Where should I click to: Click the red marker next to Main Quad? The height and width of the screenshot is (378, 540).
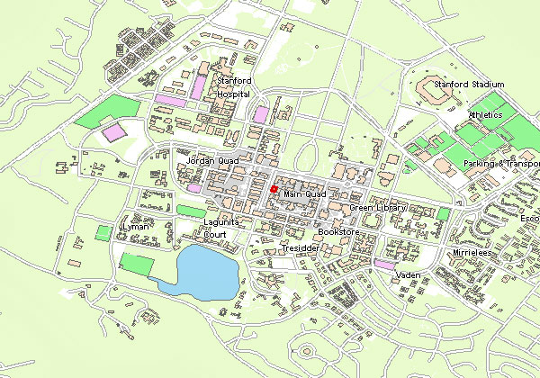(274, 189)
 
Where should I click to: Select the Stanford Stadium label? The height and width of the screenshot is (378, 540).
(469, 85)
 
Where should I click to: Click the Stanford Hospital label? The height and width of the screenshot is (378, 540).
(234, 86)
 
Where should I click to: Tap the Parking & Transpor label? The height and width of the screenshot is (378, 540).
(500, 164)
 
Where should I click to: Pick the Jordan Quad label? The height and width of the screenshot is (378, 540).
(206, 160)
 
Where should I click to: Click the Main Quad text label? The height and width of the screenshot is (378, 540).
(302, 193)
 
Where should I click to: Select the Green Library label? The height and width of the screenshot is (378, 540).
(379, 208)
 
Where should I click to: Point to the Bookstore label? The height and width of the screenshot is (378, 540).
(340, 232)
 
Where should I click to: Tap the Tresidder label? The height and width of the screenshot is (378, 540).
(300, 247)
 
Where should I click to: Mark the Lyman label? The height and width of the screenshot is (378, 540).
(136, 228)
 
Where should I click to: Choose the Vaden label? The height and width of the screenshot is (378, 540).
(409, 275)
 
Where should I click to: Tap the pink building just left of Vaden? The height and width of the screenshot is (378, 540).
(383, 265)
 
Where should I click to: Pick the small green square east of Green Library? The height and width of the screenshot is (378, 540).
(444, 213)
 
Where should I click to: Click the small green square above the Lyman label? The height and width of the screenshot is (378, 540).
(103, 232)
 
